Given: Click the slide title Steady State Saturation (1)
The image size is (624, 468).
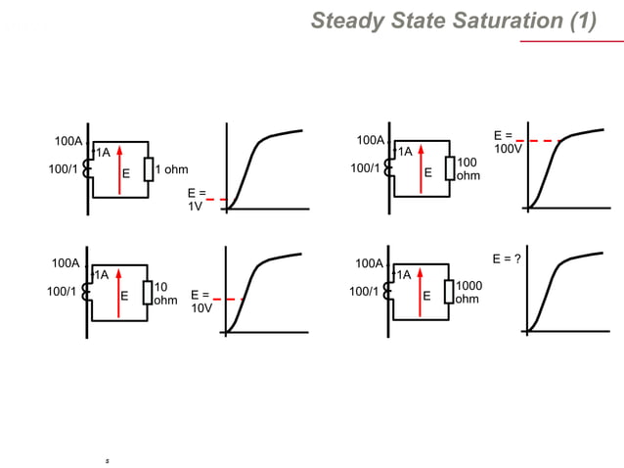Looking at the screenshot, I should [453, 21].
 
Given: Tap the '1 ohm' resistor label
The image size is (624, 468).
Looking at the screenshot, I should [171, 170].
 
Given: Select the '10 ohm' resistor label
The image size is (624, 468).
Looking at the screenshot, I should [165, 293].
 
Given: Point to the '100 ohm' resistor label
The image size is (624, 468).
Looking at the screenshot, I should [468, 168].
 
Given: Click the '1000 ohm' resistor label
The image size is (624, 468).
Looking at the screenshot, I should [468, 292].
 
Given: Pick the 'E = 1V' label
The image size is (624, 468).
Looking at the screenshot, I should [196, 200].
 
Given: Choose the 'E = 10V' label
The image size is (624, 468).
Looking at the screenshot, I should [201, 301].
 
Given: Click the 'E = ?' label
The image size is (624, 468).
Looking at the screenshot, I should [506, 258].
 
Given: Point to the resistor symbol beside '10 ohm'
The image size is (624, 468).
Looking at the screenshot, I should [148, 292].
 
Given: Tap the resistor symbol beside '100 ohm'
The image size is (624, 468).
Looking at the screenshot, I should [450, 168].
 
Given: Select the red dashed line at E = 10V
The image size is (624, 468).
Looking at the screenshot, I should [227, 299].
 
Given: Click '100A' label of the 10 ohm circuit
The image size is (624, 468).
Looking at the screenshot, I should [66, 262].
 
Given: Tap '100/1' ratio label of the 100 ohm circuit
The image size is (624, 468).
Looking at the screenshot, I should [365, 168].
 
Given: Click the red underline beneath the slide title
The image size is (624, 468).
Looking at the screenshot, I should [557, 42].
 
